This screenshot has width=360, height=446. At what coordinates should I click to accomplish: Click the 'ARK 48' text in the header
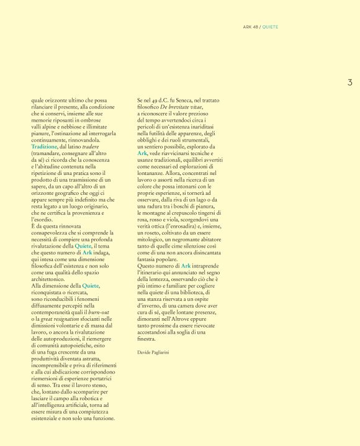point(250,27)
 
